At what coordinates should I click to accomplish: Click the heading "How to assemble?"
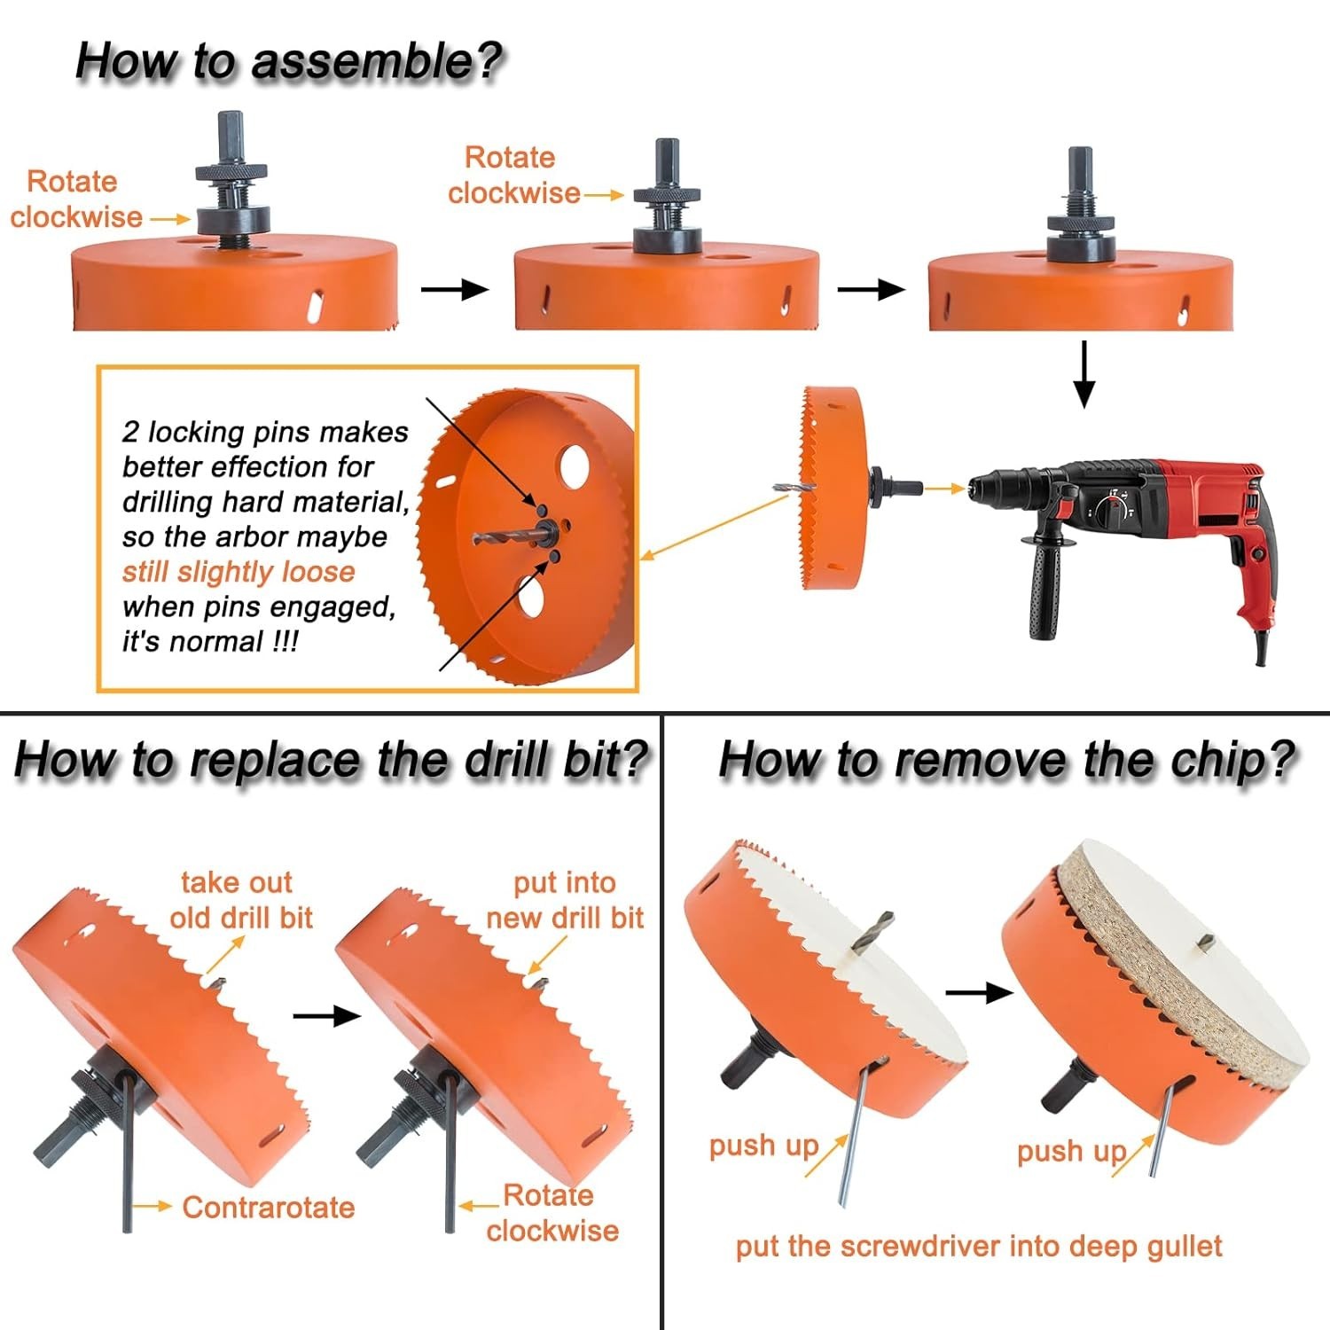(288, 62)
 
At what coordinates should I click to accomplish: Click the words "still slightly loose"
(238, 572)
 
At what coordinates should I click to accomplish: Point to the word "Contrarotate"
(268, 1208)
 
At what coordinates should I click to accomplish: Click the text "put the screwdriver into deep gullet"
(978, 1247)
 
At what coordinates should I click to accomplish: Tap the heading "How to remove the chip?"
(1006, 761)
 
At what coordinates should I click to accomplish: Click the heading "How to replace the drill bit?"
(331, 761)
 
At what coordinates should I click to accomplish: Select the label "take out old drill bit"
(239, 900)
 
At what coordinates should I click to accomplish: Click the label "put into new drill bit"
(565, 900)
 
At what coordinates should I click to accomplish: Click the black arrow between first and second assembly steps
(454, 290)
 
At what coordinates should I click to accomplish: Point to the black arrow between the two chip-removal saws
(979, 992)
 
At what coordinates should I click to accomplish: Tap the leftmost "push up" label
(763, 1146)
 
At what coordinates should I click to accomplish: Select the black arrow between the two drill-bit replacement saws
(326, 1016)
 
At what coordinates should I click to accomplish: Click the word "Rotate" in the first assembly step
(72, 182)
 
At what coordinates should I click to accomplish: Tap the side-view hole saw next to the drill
(832, 488)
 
